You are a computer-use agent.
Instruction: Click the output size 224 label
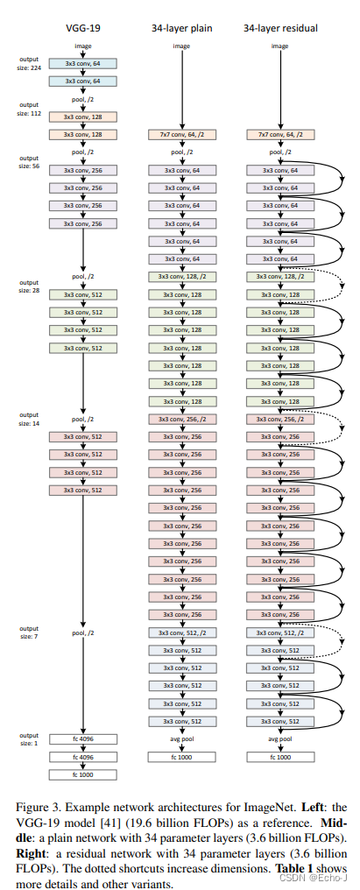(x=29, y=62)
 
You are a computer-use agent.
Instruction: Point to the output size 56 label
(x=29, y=161)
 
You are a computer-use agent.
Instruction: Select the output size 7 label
(x=29, y=631)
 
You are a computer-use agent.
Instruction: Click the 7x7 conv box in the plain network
(x=180, y=134)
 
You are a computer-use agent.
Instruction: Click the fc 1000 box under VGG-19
(x=83, y=775)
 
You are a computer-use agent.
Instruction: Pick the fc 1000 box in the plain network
(x=180, y=756)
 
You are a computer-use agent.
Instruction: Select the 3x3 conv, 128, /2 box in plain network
(x=180, y=276)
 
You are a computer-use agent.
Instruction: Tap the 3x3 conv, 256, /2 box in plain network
(x=180, y=419)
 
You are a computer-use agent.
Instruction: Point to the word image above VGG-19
(x=83, y=45)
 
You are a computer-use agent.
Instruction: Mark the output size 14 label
(x=29, y=419)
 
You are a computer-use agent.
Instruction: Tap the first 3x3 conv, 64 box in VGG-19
(x=83, y=63)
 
